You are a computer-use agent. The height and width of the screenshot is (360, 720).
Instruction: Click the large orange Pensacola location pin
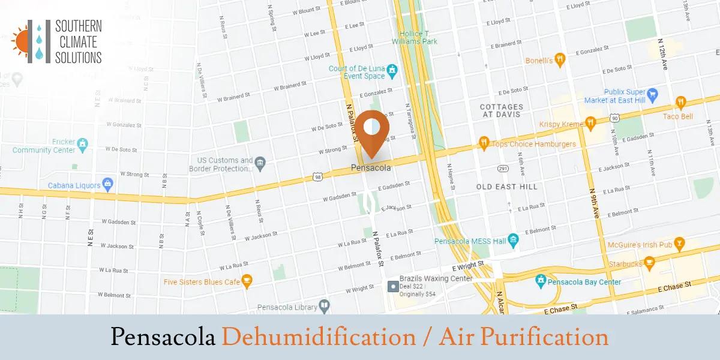tap(371, 130)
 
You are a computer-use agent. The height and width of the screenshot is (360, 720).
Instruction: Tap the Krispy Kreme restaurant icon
tap(591, 122)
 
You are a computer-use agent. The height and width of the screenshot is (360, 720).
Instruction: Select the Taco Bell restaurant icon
tap(680, 103)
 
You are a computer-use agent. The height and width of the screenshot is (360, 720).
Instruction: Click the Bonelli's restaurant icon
tap(560, 59)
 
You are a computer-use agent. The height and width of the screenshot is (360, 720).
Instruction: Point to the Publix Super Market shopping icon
tap(653, 94)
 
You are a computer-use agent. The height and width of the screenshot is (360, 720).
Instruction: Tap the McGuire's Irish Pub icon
tap(679, 243)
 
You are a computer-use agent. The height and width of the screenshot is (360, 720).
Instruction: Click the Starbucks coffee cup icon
tap(649, 263)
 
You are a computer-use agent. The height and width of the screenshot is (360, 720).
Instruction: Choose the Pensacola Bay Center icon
tap(540, 281)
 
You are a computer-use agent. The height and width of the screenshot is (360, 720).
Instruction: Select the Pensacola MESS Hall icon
tap(513, 241)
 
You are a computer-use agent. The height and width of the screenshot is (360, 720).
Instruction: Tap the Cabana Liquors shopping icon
tap(108, 184)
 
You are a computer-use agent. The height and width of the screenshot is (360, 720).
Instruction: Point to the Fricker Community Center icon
tap(82, 145)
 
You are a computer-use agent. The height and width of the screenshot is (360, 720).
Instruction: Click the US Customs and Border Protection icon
tap(260, 163)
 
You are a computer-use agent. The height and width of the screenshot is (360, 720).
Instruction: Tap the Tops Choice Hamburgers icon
tap(484, 143)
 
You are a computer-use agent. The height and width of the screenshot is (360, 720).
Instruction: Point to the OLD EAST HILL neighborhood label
tap(507, 187)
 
